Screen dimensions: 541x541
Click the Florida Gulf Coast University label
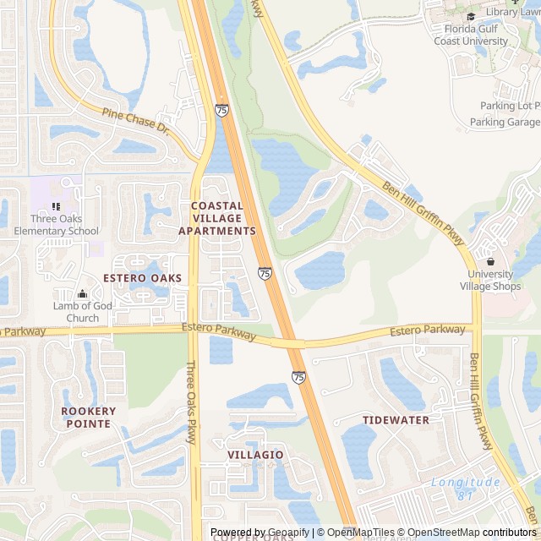(471, 35)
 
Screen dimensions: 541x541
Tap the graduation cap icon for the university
(471, 16)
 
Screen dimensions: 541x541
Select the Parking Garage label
(505, 122)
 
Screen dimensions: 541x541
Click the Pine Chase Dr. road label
(136, 123)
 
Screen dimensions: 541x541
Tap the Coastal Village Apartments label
(217, 218)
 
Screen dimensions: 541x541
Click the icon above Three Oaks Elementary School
(56, 206)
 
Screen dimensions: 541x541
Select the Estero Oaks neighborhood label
(143, 278)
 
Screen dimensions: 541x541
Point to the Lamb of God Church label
(82, 312)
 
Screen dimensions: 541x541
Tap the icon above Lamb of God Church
(82, 293)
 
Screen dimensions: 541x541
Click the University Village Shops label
(490, 280)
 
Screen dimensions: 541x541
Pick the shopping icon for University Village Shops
(490, 261)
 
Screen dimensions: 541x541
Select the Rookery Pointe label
(89, 417)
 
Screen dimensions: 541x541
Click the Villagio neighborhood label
(255, 455)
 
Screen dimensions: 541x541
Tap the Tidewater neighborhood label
(396, 420)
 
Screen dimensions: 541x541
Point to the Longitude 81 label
(464, 489)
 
